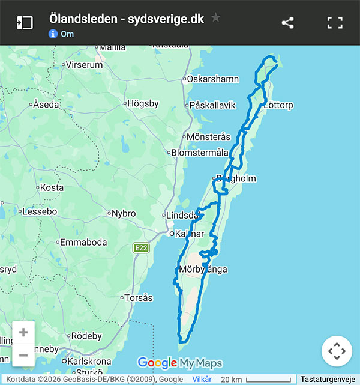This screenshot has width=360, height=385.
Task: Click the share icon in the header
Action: pos(287,23)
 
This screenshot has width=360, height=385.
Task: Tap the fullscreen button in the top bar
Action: pos(335,23)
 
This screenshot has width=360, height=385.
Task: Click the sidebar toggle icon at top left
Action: pos(24,23)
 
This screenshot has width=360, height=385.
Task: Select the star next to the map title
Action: pos(216,18)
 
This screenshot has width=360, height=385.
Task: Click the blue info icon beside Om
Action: pos(53,34)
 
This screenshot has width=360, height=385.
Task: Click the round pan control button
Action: pos(337,351)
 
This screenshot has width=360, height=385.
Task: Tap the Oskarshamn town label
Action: pos(213,79)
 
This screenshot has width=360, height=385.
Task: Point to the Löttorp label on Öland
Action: pos(278,105)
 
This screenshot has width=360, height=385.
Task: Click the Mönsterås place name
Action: pos(208,136)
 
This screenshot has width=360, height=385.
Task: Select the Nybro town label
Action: pos(124,213)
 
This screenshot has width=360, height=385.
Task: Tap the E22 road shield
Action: pos(141,247)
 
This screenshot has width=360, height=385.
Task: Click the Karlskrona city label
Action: pos(89,362)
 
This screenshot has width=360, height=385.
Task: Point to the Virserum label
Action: pos(85,64)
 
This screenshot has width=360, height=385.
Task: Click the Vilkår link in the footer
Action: pos(202,380)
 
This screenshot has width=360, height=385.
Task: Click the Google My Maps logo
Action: pos(179,363)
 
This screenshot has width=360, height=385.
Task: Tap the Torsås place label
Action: pos(138,297)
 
